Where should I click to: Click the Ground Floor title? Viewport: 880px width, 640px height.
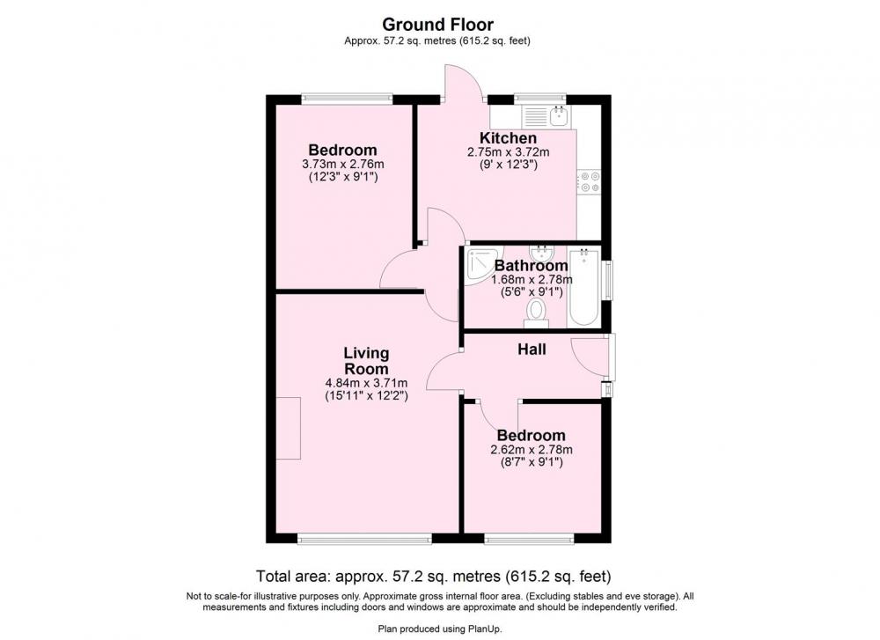(437, 25)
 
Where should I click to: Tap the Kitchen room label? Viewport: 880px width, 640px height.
(508, 138)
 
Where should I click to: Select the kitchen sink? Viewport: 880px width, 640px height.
(560, 115)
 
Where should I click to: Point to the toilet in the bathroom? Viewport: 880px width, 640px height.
(536, 313)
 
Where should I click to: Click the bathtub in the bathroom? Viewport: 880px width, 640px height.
(583, 287)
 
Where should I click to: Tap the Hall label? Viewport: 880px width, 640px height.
(532, 349)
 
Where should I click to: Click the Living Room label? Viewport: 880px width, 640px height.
(366, 361)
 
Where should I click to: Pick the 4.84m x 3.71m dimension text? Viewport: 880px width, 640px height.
(366, 383)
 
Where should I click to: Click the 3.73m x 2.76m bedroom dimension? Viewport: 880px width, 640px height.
(343, 165)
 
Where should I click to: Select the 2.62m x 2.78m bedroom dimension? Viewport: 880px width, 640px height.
(532, 450)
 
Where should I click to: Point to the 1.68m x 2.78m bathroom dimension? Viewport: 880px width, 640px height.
(532, 280)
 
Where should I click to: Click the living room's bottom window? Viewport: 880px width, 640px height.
(365, 540)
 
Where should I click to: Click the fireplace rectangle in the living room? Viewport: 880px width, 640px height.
(289, 428)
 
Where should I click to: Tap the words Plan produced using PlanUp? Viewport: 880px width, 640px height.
(440, 629)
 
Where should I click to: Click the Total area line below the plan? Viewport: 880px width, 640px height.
(433, 577)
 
